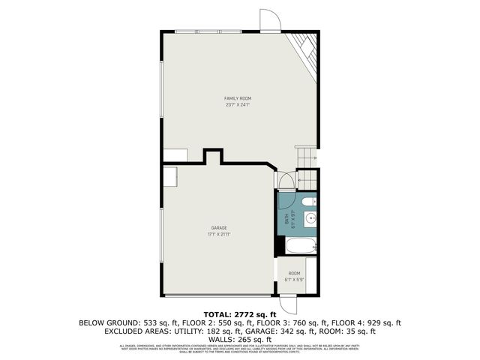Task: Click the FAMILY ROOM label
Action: [237, 98]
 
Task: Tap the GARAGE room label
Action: [218, 227]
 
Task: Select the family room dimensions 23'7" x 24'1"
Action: [237, 105]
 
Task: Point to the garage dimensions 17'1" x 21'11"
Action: [218, 234]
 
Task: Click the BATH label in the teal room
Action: [286, 219]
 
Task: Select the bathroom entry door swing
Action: [284, 181]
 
